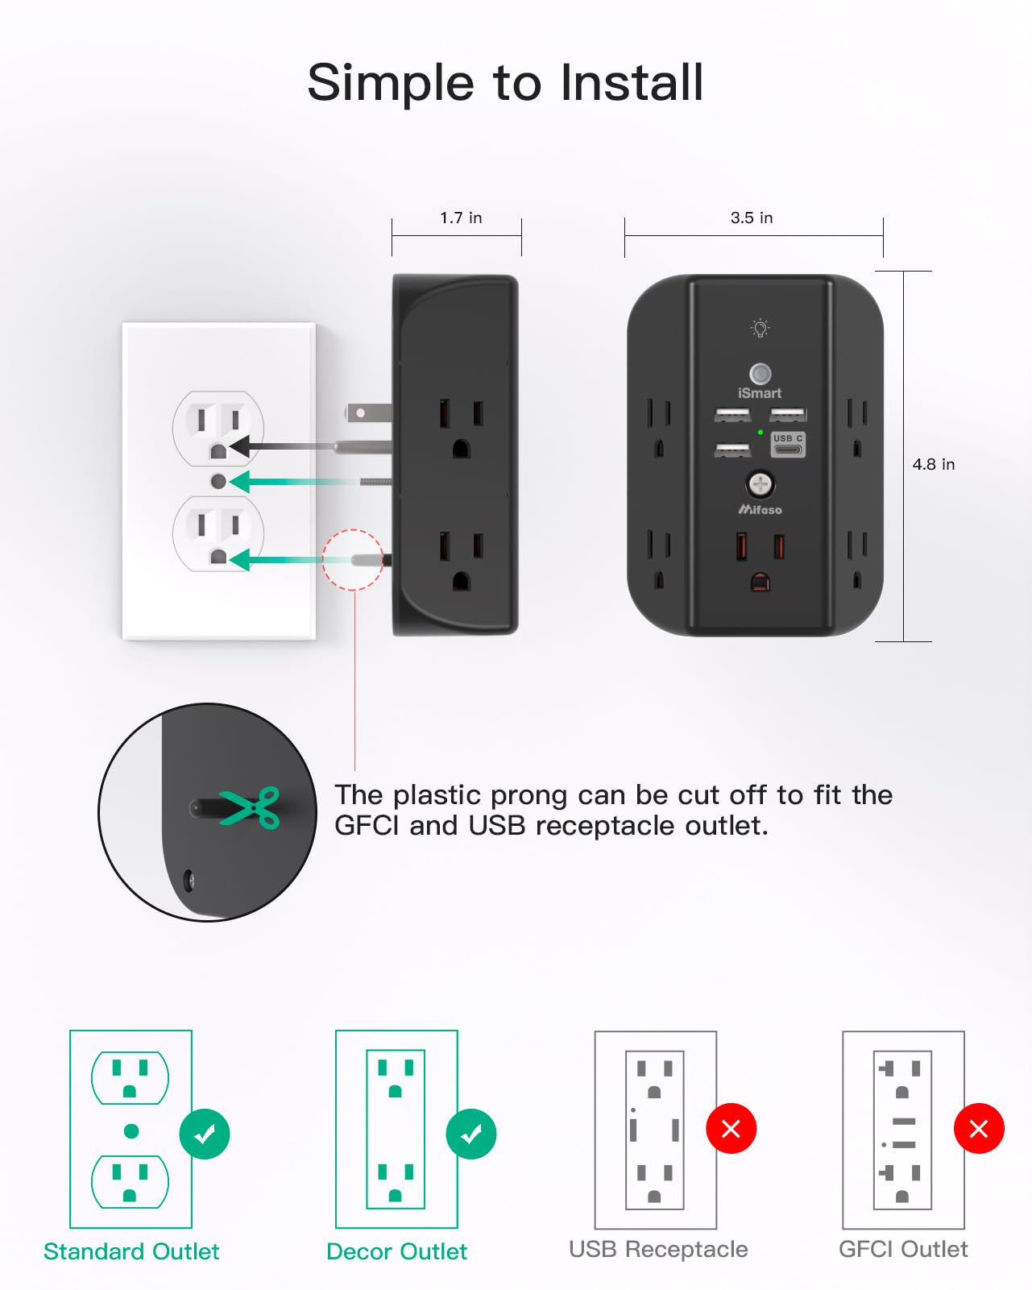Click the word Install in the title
[632, 82]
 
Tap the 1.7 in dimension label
[461, 218]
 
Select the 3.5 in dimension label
[752, 218]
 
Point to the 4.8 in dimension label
[934, 464]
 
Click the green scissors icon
[251, 807]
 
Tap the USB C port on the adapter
[788, 445]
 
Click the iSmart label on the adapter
[760, 393]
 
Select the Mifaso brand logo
[760, 509]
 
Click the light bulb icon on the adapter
[760, 328]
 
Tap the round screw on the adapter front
[760, 483]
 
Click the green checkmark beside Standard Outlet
[205, 1134]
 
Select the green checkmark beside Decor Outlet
[471, 1134]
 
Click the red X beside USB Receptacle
[731, 1129]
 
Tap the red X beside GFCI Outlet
[979, 1129]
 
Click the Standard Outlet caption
[131, 1251]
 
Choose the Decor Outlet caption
[396, 1251]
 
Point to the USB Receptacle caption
[658, 1249]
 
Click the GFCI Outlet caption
[903, 1249]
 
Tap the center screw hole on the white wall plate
[218, 481]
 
